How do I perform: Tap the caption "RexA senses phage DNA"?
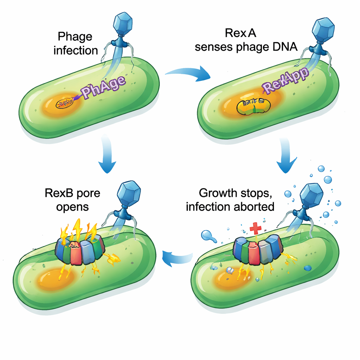[x=246, y=40]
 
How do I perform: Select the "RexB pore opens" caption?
[x=72, y=199]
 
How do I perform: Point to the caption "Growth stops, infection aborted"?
[x=230, y=199]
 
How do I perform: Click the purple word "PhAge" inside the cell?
[x=103, y=86]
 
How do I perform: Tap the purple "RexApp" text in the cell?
[x=285, y=81]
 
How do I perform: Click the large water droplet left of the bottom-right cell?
[x=207, y=236]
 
